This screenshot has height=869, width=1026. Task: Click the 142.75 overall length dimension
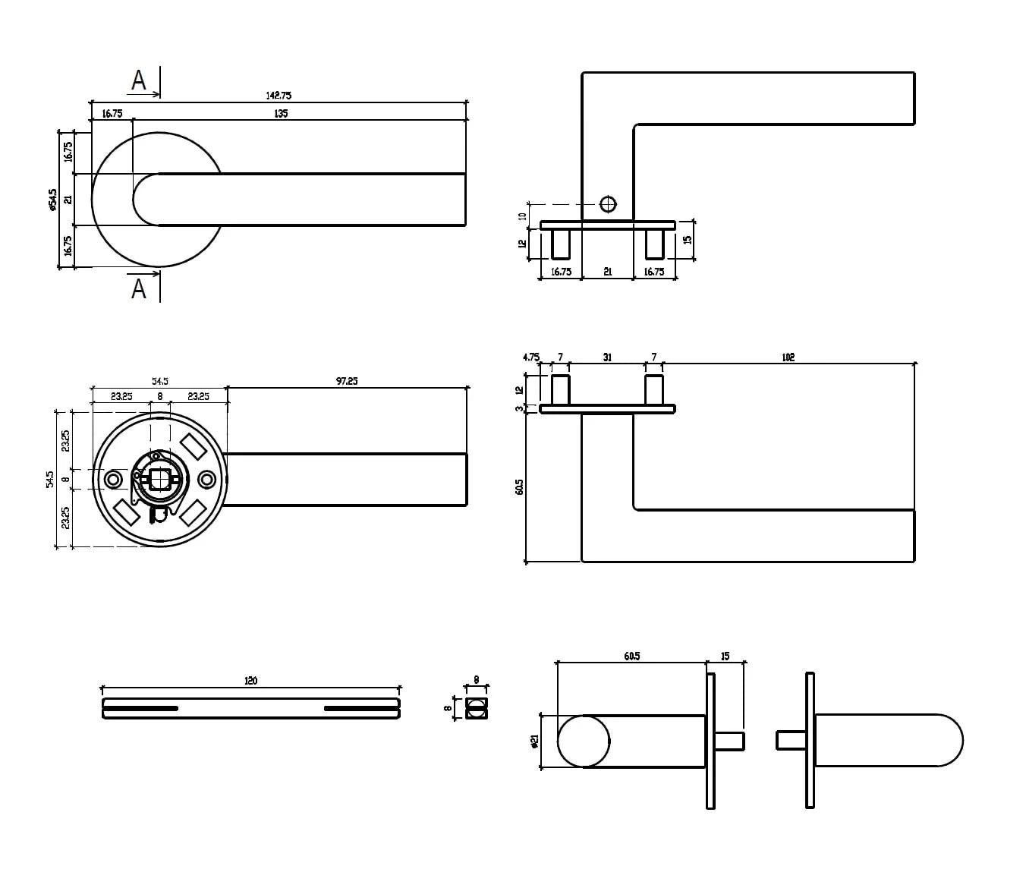click(x=279, y=96)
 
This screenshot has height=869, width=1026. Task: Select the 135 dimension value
click(x=281, y=114)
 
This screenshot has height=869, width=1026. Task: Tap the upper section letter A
click(x=138, y=80)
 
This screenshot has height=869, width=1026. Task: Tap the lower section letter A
click(x=138, y=289)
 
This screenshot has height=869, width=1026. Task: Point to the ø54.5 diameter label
click(x=53, y=200)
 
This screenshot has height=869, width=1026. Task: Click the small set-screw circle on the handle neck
click(x=608, y=203)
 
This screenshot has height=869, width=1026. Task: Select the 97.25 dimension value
click(x=347, y=381)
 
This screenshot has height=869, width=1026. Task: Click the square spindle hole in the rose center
click(x=159, y=479)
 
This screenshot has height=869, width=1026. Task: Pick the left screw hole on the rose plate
click(x=114, y=479)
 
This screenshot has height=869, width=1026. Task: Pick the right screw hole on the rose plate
click(x=206, y=479)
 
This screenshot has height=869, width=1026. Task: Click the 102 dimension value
click(x=788, y=357)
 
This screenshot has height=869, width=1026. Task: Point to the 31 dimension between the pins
click(x=607, y=357)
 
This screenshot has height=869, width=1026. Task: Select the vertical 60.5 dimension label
click(x=520, y=486)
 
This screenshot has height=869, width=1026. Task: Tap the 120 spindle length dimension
click(x=250, y=681)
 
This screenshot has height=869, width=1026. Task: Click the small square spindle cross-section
click(x=476, y=708)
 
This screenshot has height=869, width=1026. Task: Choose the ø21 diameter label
click(x=535, y=741)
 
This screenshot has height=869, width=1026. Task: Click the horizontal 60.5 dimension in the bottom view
click(x=631, y=656)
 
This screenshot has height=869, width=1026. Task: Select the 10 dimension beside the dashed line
click(x=522, y=216)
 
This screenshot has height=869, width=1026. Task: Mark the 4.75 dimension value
click(x=531, y=357)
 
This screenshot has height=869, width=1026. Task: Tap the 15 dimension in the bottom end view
click(x=725, y=656)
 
